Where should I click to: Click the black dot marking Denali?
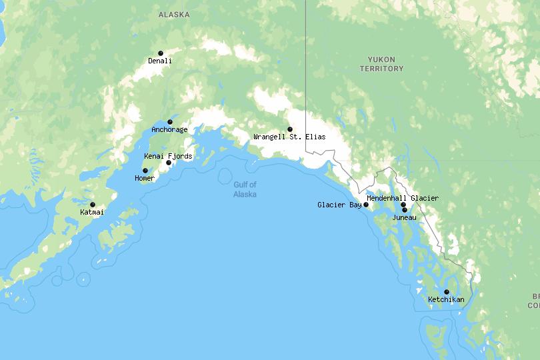[161, 53]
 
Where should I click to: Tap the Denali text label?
[160, 61]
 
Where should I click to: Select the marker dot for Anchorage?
[170, 122]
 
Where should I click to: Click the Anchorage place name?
[169, 130]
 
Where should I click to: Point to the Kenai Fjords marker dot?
[169, 163]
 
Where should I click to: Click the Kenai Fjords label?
[168, 157]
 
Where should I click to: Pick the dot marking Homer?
[145, 171]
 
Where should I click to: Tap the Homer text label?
[145, 179]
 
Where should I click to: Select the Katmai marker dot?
[93, 205]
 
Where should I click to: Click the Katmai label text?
[92, 213]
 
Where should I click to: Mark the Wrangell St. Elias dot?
[290, 129]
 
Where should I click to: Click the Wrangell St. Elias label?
[289, 137]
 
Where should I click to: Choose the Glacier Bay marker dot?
[366, 205]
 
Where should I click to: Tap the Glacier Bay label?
[339, 205]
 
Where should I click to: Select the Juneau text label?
[404, 217]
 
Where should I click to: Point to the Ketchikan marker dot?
[447, 292]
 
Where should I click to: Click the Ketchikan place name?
[446, 300]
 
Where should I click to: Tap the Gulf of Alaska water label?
[245, 189]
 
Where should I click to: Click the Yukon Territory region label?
[381, 64]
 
